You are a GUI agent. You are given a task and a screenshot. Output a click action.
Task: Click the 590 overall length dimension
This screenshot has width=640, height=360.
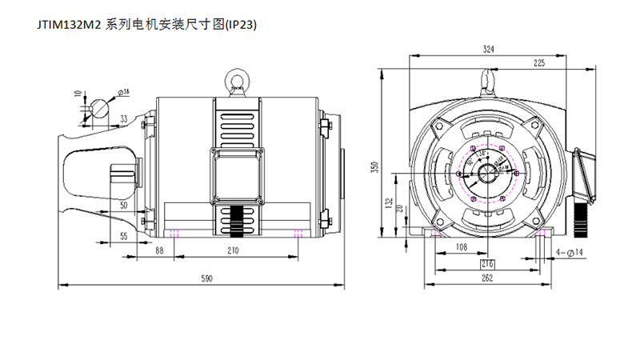[x=206, y=278]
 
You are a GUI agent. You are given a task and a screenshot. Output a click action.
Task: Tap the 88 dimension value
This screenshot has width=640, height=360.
[x=159, y=250]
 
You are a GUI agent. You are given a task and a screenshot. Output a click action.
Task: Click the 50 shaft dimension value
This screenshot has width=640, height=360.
[x=124, y=206]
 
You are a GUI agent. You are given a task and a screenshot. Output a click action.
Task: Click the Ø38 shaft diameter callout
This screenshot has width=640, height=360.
[x=126, y=92]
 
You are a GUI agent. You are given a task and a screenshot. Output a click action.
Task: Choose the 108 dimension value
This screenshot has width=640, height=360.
[x=461, y=248]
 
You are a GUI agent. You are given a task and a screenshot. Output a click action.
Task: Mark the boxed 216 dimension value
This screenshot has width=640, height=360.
[x=487, y=263]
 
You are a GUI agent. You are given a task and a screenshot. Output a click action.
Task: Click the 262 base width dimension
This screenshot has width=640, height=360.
[x=487, y=278]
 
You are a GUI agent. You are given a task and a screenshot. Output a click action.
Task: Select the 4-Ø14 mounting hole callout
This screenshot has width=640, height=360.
[x=571, y=252]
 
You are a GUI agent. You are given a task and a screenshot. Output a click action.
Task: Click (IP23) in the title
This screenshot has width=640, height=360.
[x=241, y=24]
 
